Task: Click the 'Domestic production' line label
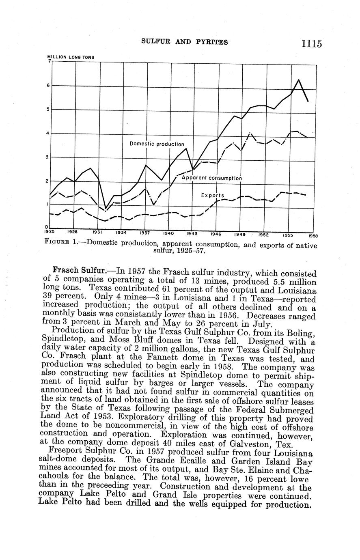pos(157,144)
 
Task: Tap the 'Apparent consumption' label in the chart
pos(211,178)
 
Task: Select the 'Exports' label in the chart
pos(213,195)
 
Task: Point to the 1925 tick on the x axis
pos(49,231)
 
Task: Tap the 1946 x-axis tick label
pos(216,234)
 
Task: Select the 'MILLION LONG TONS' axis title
pos(71,57)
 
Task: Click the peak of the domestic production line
pos(299,80)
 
